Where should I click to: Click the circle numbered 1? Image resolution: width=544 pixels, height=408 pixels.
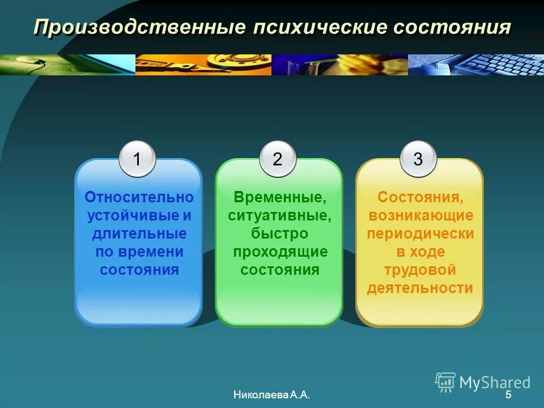point(138,159)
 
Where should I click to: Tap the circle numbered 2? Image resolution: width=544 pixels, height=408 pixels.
point(278,159)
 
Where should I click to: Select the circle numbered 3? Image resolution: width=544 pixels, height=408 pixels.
point(418,159)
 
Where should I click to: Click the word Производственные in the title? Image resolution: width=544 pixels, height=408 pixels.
point(133,28)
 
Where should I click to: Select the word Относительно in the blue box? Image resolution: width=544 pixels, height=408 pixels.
point(139,197)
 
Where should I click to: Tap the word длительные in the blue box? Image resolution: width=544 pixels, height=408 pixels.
point(139,233)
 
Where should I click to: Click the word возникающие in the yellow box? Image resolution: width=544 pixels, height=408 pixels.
point(420,215)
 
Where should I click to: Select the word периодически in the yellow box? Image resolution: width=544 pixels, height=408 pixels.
point(420,233)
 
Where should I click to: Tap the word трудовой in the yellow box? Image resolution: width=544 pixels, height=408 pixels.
point(420,270)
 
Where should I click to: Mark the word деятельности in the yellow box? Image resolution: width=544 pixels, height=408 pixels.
point(420,288)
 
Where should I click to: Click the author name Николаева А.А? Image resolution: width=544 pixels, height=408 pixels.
point(271,395)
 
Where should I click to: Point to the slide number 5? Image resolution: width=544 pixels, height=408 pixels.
point(508,395)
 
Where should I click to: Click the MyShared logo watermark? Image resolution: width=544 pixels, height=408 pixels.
point(483,381)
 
